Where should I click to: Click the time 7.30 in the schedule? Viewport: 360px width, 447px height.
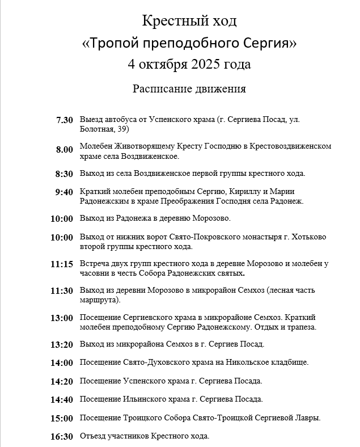click(65, 120)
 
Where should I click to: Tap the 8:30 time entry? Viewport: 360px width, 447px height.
click(65, 174)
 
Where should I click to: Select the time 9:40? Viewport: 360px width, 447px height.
click(65, 192)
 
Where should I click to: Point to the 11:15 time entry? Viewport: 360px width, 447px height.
click(62, 264)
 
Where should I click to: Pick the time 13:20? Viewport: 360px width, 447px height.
click(62, 344)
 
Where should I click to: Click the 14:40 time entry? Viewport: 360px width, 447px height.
click(62, 399)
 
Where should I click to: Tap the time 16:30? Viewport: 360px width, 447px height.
click(62, 436)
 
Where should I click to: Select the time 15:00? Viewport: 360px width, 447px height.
click(62, 418)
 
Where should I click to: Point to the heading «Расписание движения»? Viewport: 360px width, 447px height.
click(189, 88)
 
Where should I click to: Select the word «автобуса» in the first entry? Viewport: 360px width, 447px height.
click(121, 120)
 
